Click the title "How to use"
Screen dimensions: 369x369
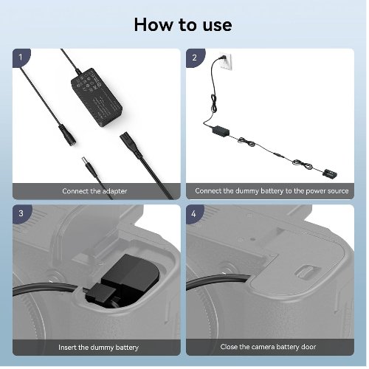[x=183, y=25]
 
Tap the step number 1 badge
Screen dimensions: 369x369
[x=21, y=58]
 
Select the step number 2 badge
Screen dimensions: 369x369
[x=195, y=58]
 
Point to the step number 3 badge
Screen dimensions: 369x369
[x=21, y=213]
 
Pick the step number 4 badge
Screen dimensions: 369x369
[x=194, y=214]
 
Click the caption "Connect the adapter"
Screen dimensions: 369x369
[x=94, y=191]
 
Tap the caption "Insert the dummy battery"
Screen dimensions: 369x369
[x=98, y=348]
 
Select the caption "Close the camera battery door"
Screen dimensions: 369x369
[x=268, y=347]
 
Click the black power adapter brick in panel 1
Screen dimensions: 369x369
[x=97, y=97]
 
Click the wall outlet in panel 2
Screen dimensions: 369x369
[x=226, y=61]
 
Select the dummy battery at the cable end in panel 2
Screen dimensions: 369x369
[x=330, y=173]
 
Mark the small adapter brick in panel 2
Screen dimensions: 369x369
[x=221, y=131]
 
